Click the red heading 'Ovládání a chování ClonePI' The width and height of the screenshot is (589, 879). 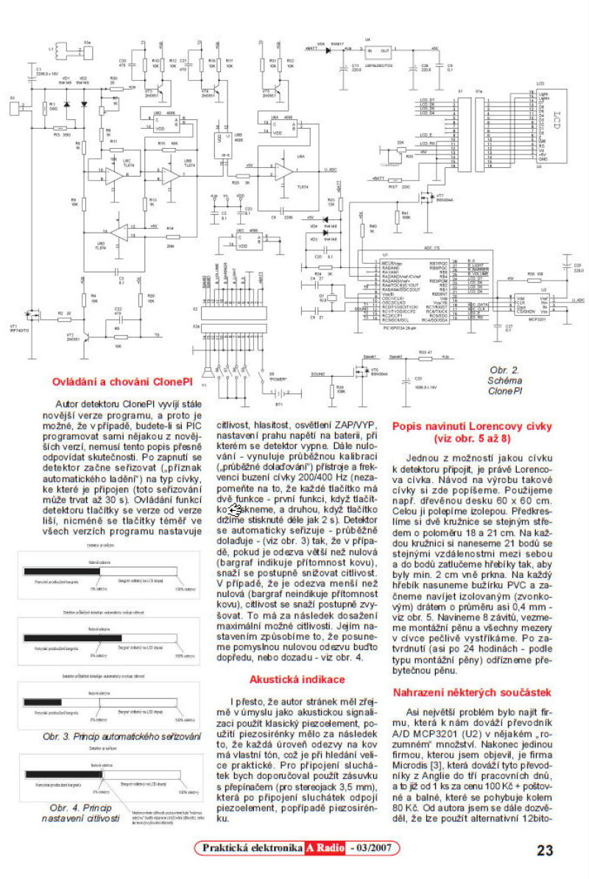(x=121, y=381)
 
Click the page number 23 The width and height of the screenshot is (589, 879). (x=545, y=851)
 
